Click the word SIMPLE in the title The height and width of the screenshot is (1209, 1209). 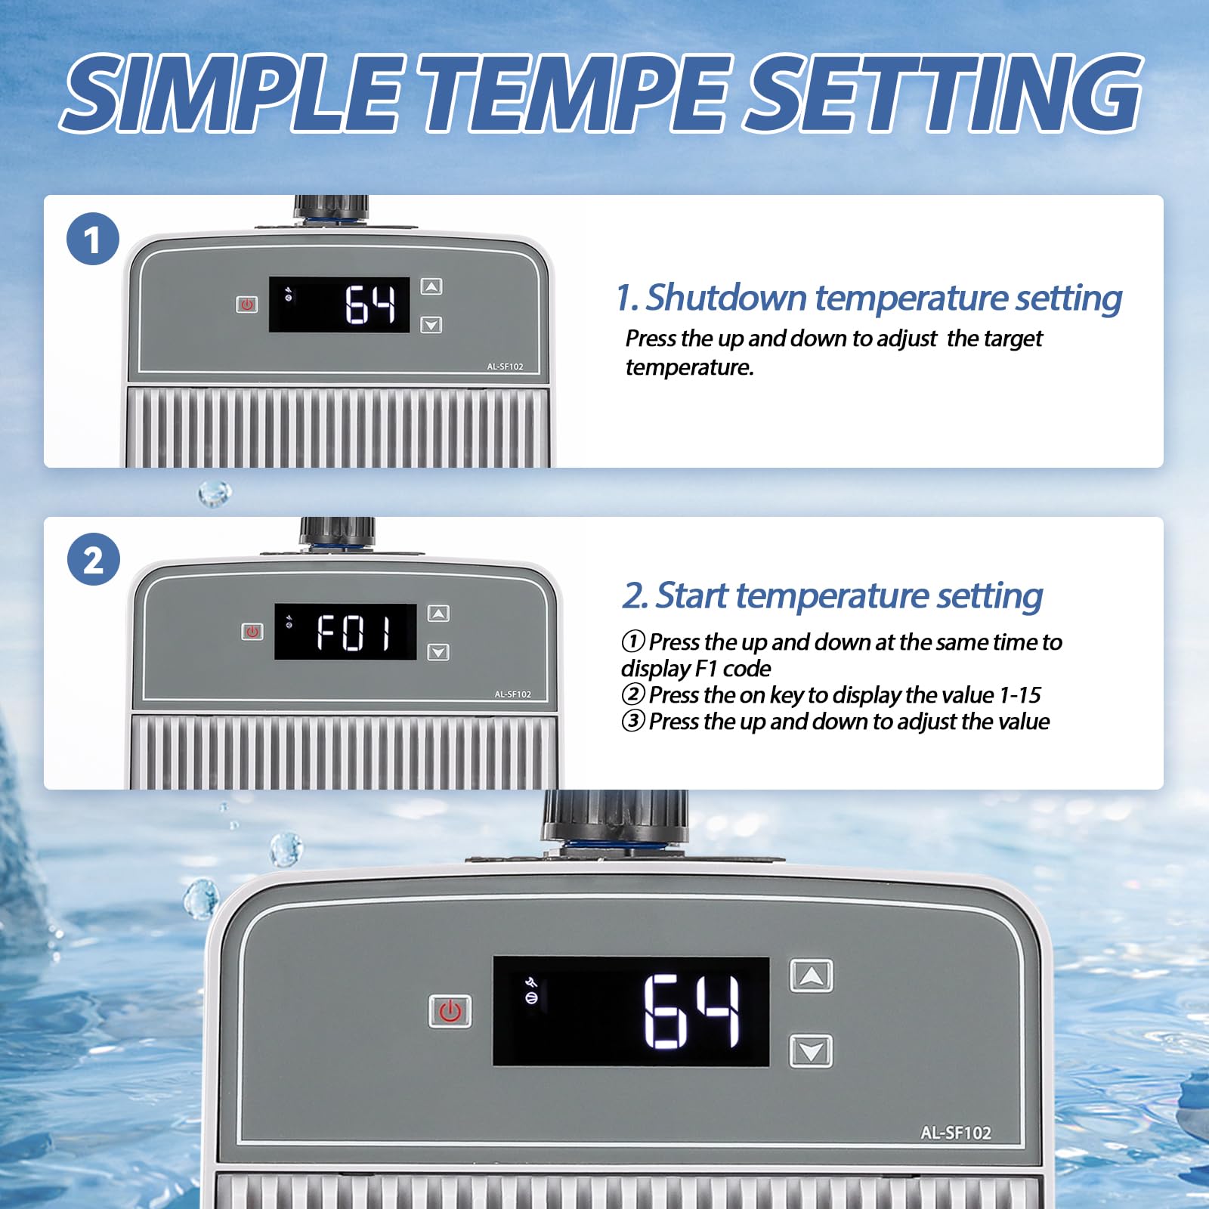pos(232,94)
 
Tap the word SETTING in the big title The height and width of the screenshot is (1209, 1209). pos(943,94)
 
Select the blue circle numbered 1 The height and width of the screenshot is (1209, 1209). pos(93,240)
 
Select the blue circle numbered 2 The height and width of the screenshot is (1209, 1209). pos(93,559)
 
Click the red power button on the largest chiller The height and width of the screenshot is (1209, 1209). pos(450,1011)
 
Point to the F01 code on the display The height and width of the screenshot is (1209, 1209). pos(354,632)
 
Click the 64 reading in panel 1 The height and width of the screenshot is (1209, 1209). pos(370,305)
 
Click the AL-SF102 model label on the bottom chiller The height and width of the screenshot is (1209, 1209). pos(955,1133)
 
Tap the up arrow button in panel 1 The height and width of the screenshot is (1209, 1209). pos(431,286)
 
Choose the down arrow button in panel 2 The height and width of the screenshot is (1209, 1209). pos(438,652)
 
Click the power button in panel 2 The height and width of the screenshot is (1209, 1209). pos(252,632)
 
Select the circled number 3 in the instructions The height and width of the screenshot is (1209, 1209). pos(633,721)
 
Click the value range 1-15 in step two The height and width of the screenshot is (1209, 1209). pos(1019,694)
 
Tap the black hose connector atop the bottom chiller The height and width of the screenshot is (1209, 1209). pos(614,818)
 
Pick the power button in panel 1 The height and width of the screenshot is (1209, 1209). pos(247,305)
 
